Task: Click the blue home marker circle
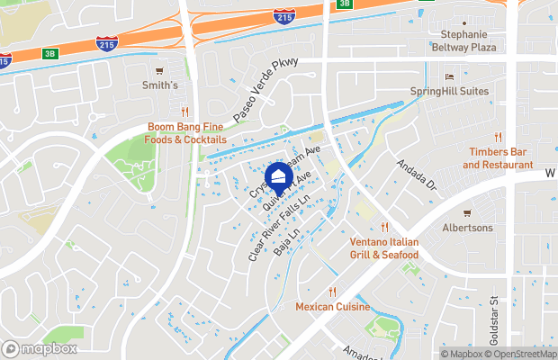279,175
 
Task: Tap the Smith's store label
159,86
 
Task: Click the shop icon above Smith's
159,70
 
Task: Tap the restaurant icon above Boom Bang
184,112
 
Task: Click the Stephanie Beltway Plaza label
463,40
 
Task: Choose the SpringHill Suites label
450,92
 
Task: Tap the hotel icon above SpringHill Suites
450,76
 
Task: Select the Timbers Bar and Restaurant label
498,158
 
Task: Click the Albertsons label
466,228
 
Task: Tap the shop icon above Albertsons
466,212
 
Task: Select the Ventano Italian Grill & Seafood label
384,248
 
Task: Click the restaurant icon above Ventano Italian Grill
384,227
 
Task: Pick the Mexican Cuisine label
332,307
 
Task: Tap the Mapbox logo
40,348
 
